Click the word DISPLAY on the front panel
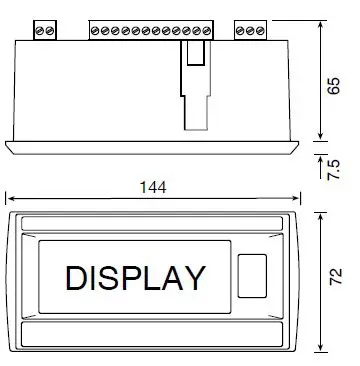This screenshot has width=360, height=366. [135, 277]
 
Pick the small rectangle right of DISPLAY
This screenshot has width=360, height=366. [254, 275]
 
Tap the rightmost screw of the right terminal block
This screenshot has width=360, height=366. [264, 31]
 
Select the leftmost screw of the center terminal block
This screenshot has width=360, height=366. [96, 31]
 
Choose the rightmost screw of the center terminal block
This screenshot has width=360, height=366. [208, 31]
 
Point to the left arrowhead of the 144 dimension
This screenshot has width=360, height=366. [8, 200]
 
